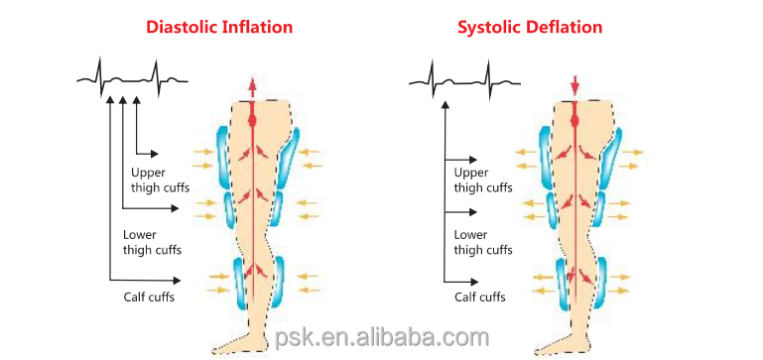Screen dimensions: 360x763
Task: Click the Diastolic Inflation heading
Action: coord(219,28)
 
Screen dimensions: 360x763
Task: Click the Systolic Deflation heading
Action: coord(529,28)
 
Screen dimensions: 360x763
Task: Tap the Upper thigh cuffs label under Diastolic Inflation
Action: coord(160,180)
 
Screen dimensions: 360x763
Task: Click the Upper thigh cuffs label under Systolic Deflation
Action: coord(483,180)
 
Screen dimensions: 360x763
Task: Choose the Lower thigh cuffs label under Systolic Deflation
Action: coord(483,242)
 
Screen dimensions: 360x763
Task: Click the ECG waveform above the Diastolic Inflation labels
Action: coord(132,76)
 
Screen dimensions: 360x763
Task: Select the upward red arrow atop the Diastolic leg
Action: coord(252,85)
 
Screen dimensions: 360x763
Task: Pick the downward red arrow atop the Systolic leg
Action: coord(576,85)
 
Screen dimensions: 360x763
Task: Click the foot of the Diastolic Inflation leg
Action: coord(238,342)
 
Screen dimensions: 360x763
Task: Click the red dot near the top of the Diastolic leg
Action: coord(252,121)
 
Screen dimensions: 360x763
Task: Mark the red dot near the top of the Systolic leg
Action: coord(576,121)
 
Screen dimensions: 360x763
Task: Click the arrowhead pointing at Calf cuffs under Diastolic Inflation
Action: coord(178,280)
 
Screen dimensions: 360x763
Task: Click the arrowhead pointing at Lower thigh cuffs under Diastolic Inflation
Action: coord(178,208)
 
